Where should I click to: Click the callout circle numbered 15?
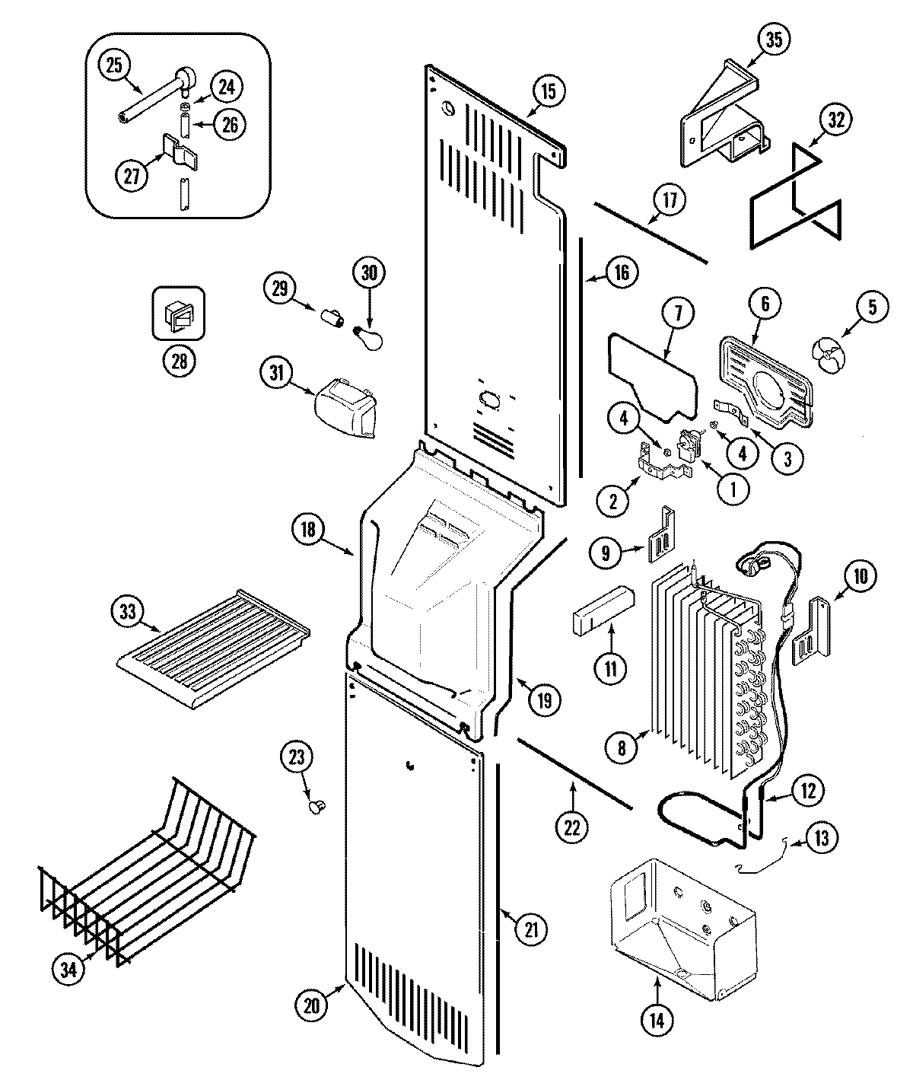(x=548, y=92)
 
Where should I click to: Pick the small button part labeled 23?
(x=316, y=805)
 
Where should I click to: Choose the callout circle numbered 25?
(x=113, y=65)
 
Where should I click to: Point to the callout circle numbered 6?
(x=765, y=304)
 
